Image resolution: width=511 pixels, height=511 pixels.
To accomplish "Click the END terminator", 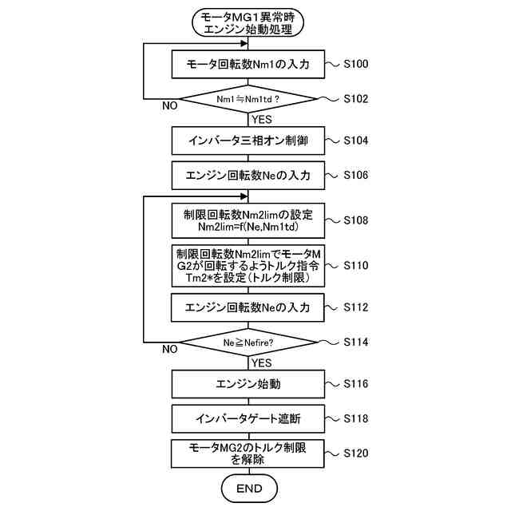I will tap(248, 488).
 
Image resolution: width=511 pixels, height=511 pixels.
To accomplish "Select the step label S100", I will tap(355, 63).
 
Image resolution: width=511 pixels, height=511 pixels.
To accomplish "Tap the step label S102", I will tap(355, 99).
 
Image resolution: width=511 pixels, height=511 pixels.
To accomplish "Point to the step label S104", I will tap(355, 141).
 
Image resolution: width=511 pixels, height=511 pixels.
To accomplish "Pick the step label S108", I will tap(355, 220).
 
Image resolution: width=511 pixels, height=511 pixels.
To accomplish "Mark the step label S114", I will tap(355, 342).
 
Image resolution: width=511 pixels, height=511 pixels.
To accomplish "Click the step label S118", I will tap(355, 418).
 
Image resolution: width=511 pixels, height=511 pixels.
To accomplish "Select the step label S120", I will tap(355, 454).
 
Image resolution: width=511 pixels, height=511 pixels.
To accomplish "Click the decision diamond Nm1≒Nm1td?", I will tap(248, 100).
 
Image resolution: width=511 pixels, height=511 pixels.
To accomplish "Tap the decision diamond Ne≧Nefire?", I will tap(248, 343).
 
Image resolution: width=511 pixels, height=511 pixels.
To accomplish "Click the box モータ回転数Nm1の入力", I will tap(248, 64).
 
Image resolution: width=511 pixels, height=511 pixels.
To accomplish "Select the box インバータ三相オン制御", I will tap(248, 141).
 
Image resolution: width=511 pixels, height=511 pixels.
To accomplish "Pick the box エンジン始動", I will tap(248, 384).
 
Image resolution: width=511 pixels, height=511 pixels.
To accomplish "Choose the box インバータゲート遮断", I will tap(248, 418).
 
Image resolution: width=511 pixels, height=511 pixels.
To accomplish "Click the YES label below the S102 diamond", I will tap(261, 120).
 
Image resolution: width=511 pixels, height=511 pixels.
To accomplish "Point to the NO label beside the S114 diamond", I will tap(169, 349).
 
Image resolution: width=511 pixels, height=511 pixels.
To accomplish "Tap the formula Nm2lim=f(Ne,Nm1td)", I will tap(248, 227).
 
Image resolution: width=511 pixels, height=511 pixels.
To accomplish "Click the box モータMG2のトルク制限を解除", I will tap(248, 454).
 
